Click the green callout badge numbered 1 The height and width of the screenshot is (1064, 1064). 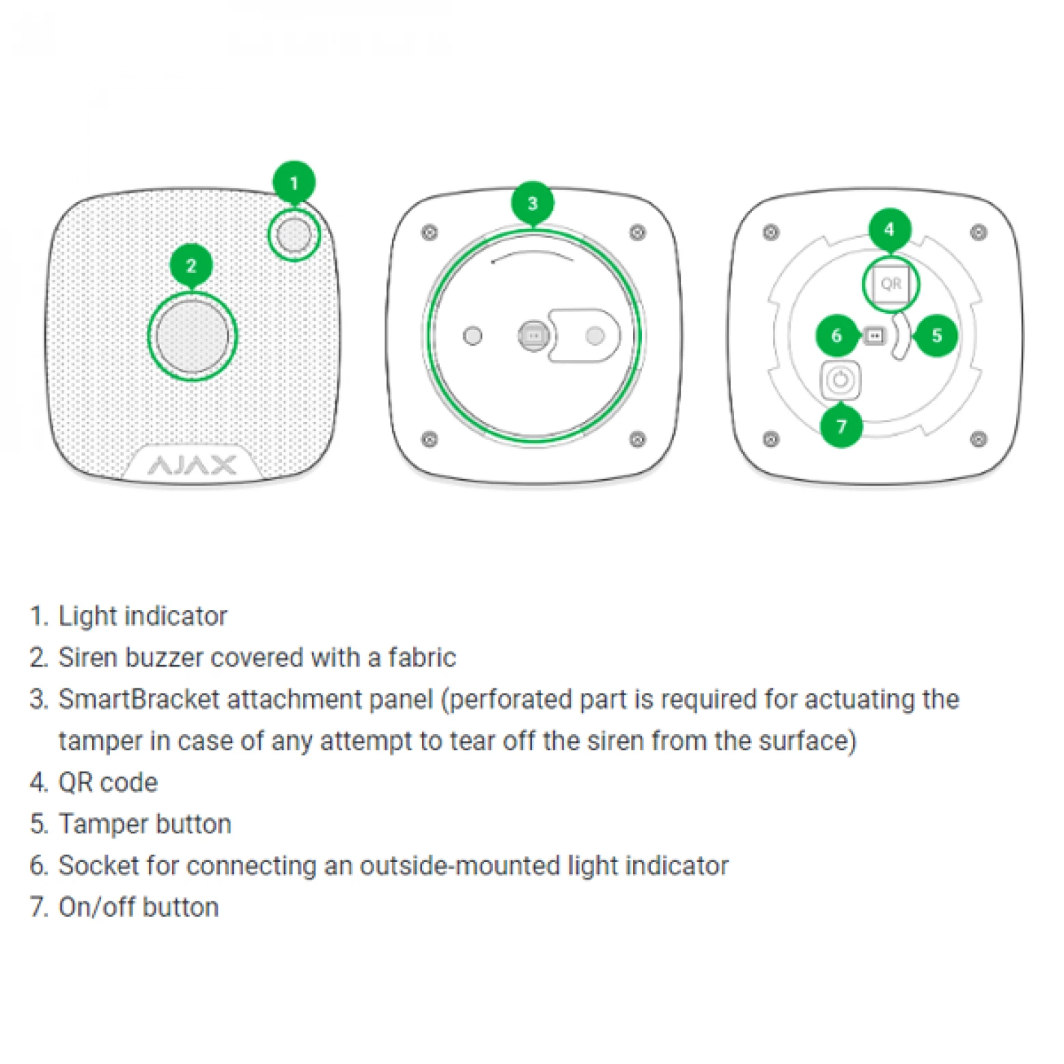point(294,182)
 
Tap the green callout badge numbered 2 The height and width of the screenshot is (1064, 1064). point(191,265)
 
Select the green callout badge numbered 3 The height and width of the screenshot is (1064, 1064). point(533,203)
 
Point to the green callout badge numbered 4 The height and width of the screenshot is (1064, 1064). point(889,229)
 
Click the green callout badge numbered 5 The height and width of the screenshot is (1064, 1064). point(936,335)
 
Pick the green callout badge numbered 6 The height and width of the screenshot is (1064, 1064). point(837,335)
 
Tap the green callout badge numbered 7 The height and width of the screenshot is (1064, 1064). point(841,426)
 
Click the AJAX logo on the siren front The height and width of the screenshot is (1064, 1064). point(192,466)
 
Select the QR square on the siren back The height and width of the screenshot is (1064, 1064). point(891,283)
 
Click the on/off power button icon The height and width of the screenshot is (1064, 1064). point(840,380)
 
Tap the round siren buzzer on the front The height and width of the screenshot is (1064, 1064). point(192,336)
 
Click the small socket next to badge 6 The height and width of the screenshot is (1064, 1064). point(874,335)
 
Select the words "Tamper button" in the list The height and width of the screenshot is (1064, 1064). point(145,824)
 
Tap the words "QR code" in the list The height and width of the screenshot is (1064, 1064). point(108,783)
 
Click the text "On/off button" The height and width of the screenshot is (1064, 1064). point(139,908)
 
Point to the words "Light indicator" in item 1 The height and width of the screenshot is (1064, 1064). point(143,616)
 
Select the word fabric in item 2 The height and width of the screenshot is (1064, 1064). point(421,658)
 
